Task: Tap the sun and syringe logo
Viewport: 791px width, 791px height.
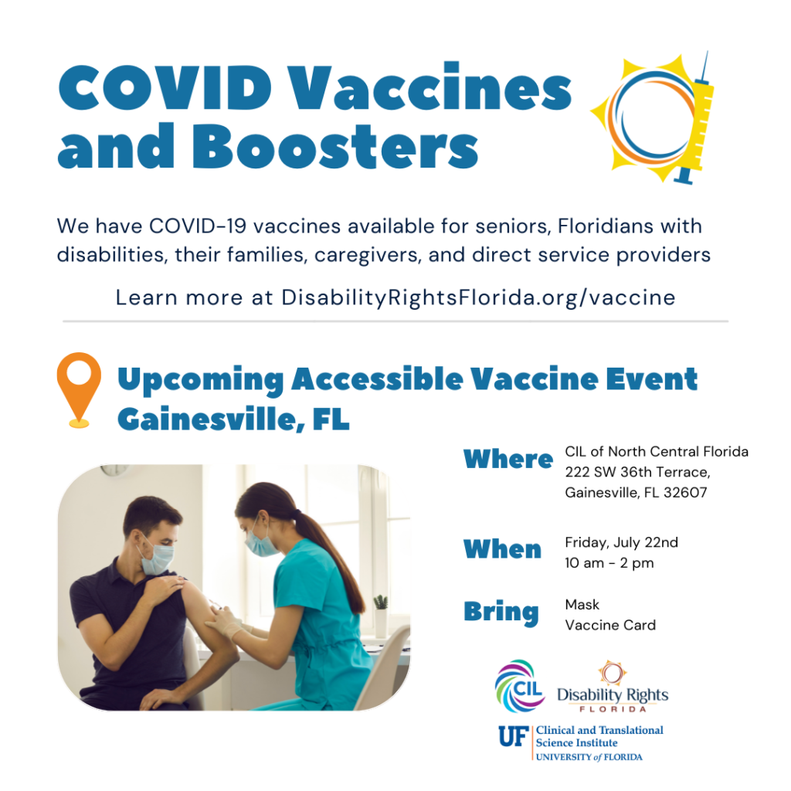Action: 653,117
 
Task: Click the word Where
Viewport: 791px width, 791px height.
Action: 508,459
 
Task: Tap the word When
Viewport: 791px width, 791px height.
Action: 502,549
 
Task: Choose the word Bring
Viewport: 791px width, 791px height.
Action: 501,613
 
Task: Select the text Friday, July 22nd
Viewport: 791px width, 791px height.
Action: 622,542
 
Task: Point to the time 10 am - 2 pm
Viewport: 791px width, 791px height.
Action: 609,563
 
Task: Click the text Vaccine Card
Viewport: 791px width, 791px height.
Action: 610,625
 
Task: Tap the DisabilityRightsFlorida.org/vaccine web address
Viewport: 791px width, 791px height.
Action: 478,297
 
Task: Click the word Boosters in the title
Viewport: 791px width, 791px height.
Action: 335,146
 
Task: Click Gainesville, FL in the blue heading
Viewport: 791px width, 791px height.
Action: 233,419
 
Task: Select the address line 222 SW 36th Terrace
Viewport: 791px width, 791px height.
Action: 637,472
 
